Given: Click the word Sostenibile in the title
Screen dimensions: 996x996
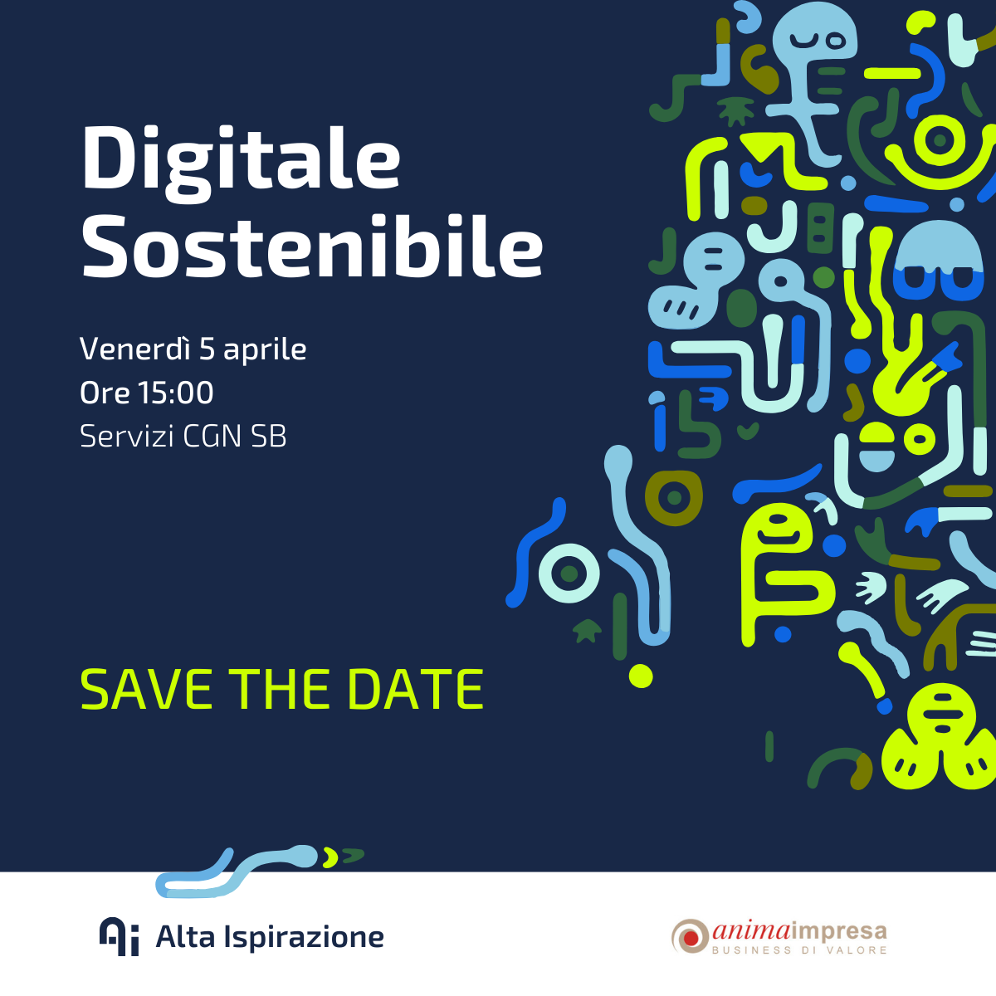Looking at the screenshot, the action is tap(312, 247).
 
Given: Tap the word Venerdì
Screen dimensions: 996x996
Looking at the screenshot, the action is tap(135, 349).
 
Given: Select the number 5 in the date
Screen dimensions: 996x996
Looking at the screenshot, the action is tap(207, 349).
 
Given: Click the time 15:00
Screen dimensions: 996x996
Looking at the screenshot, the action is tap(176, 393).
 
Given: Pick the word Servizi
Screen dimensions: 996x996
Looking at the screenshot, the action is tap(127, 436).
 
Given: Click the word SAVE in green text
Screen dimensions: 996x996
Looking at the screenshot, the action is tap(146, 690).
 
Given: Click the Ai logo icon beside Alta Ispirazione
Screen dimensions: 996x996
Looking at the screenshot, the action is tap(119, 936).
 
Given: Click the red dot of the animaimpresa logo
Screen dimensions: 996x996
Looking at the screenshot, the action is tap(691, 936).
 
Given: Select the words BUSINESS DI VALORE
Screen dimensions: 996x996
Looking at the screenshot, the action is tap(799, 950).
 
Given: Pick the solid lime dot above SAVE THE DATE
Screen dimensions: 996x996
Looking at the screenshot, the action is tap(641, 676).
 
